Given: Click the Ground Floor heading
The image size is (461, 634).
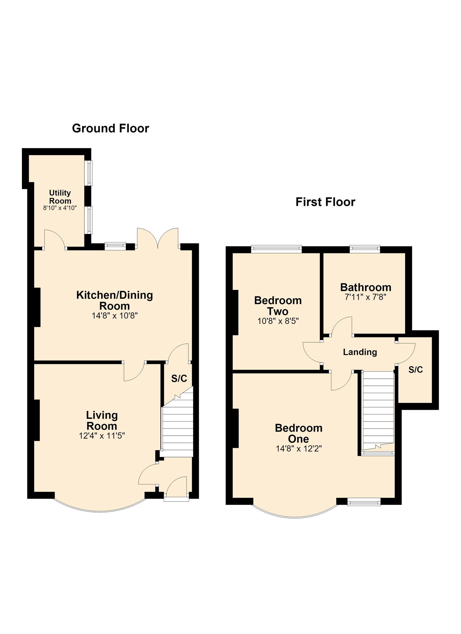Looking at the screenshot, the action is tap(110, 128).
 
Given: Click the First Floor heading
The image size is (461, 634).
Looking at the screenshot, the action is tap(325, 202).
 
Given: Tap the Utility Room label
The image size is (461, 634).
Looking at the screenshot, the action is tap(60, 197).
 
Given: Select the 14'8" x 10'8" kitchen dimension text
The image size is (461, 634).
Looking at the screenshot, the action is tap(115, 316).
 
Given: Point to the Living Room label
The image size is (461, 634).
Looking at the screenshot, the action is tap(102, 420).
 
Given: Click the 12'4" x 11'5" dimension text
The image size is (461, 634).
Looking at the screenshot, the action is tap(102, 436).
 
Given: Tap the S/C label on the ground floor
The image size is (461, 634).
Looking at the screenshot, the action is tap(179, 378).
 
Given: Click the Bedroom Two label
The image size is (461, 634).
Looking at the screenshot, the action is tap(278, 306).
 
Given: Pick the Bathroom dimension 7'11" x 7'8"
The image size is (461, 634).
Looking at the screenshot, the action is tap(365, 297).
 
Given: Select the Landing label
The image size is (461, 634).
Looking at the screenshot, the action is tap(360, 352).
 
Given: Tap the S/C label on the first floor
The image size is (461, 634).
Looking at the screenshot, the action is tap(415, 370).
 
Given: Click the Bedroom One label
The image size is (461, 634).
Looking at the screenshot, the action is tap(298, 433).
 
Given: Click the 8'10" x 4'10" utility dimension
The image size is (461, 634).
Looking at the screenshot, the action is tap(60, 208).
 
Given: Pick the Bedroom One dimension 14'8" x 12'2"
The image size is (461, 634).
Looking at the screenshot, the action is tap(298, 449).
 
